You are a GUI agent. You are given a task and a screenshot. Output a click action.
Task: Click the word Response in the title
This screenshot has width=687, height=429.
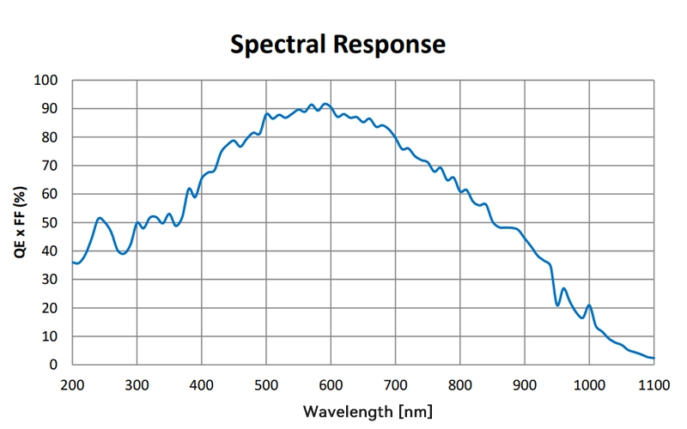point(390,45)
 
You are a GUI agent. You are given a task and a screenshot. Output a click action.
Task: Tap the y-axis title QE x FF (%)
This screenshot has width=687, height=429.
point(20,222)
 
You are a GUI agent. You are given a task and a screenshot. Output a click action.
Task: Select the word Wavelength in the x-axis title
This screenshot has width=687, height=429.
point(348,412)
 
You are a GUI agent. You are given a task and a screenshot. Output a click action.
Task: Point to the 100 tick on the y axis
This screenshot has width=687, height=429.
point(46,80)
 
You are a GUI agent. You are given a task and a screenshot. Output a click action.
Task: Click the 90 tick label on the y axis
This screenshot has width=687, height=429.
point(50,109)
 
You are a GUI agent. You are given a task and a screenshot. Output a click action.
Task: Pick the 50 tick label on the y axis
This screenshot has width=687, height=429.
point(50,222)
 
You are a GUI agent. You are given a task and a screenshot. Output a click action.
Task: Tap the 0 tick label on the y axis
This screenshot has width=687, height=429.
point(53,364)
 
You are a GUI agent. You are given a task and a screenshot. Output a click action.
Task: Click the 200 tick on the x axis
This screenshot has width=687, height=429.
point(72,385)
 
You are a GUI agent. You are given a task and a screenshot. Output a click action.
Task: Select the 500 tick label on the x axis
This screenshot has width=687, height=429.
point(266,385)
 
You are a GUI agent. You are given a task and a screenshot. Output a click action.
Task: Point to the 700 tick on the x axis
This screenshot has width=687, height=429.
point(395,385)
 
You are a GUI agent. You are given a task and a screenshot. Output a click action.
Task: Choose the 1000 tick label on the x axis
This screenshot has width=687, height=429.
point(589,385)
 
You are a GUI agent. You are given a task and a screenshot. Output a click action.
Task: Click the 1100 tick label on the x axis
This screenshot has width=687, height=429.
point(654,385)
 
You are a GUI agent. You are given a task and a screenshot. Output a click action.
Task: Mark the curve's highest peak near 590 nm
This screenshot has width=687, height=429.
point(325,104)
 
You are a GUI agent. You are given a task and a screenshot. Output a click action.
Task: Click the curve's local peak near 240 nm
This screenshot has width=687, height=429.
point(100,218)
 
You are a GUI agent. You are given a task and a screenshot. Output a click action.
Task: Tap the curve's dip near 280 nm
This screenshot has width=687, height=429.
point(123,253)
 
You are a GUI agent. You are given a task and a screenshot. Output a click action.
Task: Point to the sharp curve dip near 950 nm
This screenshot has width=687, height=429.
point(557,305)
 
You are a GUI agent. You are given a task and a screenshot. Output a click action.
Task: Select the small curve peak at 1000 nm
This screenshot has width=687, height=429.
point(589,305)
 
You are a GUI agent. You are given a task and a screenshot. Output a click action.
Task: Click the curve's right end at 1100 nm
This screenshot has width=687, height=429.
point(654,358)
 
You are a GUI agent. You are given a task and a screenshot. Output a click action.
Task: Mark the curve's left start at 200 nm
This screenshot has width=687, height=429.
point(73,263)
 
